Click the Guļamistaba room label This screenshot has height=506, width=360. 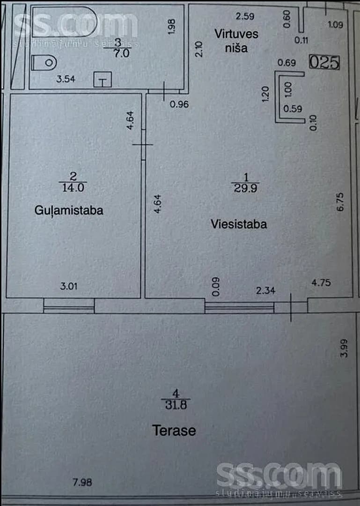[x=69, y=211]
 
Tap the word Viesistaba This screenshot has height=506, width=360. [x=239, y=224]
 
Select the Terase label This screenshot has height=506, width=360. [x=174, y=431]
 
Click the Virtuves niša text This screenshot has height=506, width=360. [x=236, y=41]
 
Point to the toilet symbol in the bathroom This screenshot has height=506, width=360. [x=44, y=63]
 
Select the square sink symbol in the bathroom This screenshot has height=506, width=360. [x=103, y=80]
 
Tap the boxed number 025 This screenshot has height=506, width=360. [x=324, y=62]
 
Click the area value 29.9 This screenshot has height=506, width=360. [x=245, y=188]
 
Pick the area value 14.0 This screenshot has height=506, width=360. [x=73, y=187]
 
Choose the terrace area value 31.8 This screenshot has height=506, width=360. [x=176, y=405]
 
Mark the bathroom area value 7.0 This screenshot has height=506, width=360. [x=121, y=53]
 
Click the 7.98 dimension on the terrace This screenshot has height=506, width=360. [x=82, y=482]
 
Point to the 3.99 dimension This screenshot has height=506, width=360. [x=344, y=348]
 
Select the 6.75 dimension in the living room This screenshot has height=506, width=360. [x=340, y=202]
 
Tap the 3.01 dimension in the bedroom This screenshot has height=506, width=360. [x=69, y=286]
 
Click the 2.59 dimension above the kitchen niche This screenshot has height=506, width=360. [x=245, y=16]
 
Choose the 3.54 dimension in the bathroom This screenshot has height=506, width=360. [x=66, y=79]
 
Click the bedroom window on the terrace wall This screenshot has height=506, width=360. [x=69, y=305]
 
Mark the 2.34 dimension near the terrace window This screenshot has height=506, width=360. [x=265, y=291]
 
